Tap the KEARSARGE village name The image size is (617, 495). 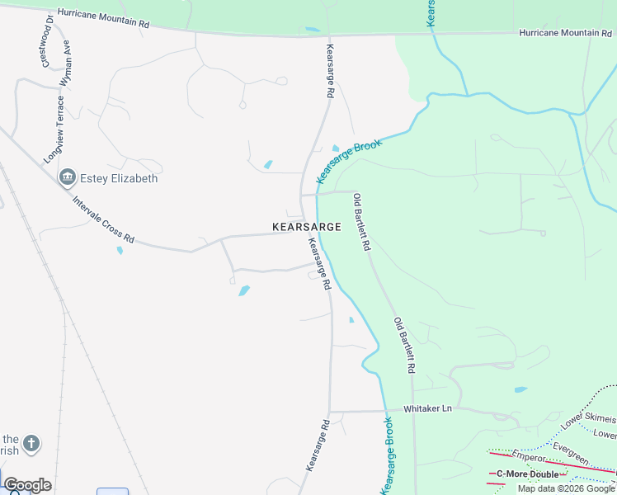306,226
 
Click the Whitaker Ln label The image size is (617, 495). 428,409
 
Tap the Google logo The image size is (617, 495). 27,485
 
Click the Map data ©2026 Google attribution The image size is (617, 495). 566,488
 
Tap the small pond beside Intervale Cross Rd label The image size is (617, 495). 120,249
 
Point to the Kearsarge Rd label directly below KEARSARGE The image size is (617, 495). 319,263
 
